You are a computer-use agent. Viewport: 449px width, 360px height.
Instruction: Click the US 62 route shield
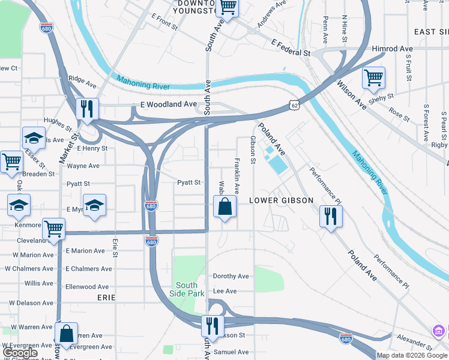coord(294,106)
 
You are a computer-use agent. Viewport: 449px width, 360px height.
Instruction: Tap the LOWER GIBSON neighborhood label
coord(281,200)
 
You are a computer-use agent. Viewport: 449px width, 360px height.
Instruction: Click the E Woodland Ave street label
coord(169,104)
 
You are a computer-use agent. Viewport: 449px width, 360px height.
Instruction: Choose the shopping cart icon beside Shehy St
coord(373,78)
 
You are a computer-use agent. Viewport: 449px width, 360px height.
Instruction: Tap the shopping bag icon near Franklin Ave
coord(224,207)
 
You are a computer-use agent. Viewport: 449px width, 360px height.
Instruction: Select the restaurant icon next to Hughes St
coord(88,109)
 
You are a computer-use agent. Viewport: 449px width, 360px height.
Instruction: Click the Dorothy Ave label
coord(231,277)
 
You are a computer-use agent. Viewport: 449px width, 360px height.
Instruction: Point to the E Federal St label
coord(290,48)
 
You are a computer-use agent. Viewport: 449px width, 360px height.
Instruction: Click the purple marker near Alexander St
coord(439,331)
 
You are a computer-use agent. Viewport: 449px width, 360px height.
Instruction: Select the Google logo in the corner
coord(20,353)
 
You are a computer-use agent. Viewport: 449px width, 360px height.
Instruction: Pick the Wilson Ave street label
coord(352,95)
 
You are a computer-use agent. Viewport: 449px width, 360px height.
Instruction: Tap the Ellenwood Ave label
coord(87,287)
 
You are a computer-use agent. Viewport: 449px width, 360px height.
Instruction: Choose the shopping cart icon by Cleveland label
coord(53,229)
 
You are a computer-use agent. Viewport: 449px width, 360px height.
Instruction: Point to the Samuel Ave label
coord(231,352)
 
